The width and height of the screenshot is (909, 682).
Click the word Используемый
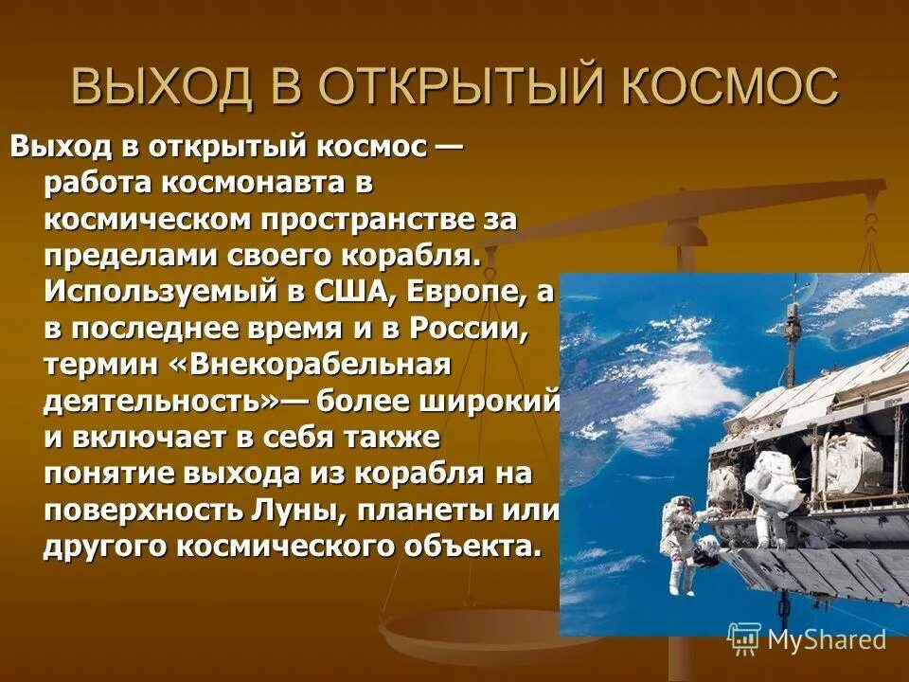[x=157, y=293]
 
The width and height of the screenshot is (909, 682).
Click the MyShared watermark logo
[x=807, y=639]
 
